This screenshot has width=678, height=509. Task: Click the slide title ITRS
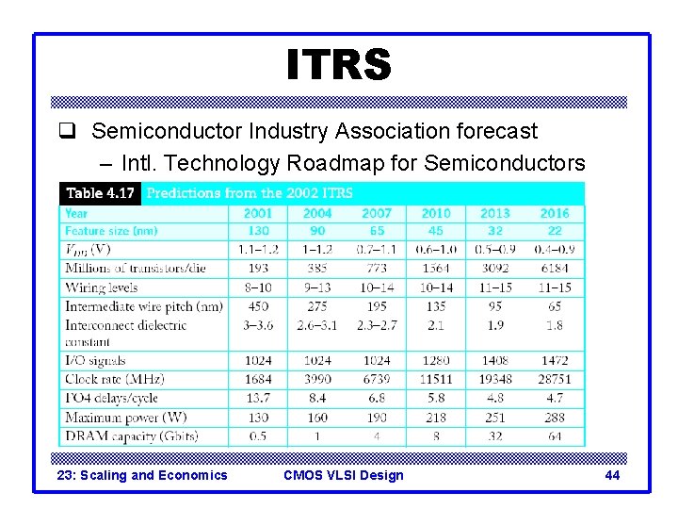[338, 65]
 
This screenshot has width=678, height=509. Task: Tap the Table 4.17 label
[100, 193]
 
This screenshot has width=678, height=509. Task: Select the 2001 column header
[258, 213]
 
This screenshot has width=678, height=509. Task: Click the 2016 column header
[555, 213]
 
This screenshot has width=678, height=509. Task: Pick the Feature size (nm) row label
[111, 231]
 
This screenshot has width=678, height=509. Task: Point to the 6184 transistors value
[555, 269]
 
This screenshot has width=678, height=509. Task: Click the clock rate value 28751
[555, 379]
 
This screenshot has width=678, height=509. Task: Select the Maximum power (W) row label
[125, 418]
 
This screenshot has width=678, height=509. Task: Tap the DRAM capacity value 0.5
[258, 436]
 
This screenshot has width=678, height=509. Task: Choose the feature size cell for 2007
[377, 231]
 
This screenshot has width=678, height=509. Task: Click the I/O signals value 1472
[555, 360]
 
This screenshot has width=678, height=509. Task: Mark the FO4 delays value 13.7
[258, 398]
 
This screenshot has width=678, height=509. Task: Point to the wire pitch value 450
[258, 306]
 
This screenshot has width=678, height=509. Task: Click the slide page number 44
[612, 475]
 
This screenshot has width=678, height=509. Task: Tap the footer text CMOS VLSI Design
[343, 475]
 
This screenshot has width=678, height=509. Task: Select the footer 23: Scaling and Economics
[142, 475]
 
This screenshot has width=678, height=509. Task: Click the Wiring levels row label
[102, 287]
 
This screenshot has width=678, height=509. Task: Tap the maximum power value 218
[436, 418]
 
